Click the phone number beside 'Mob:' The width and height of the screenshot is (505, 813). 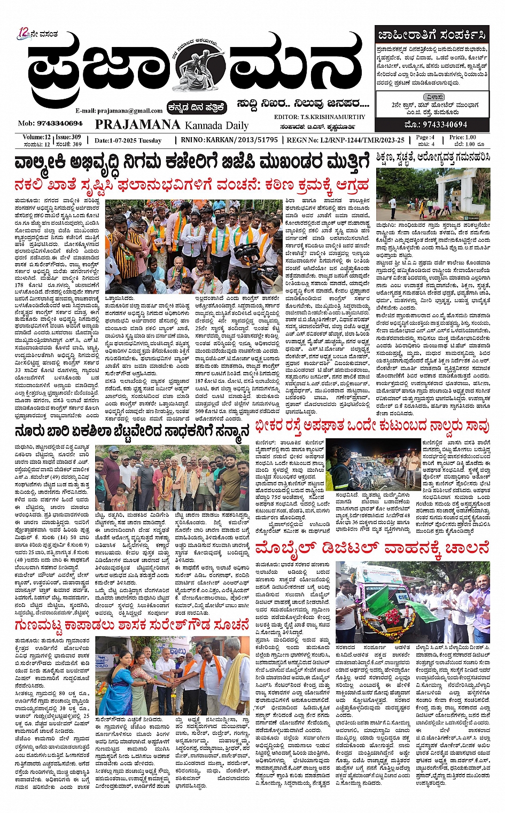pos(60,123)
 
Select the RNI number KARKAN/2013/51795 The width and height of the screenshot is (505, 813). pos(237,140)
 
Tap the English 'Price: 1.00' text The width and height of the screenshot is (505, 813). pos(463,137)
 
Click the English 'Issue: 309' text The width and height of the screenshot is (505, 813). pos(68,137)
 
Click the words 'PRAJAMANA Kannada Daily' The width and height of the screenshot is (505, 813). pos(172,125)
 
